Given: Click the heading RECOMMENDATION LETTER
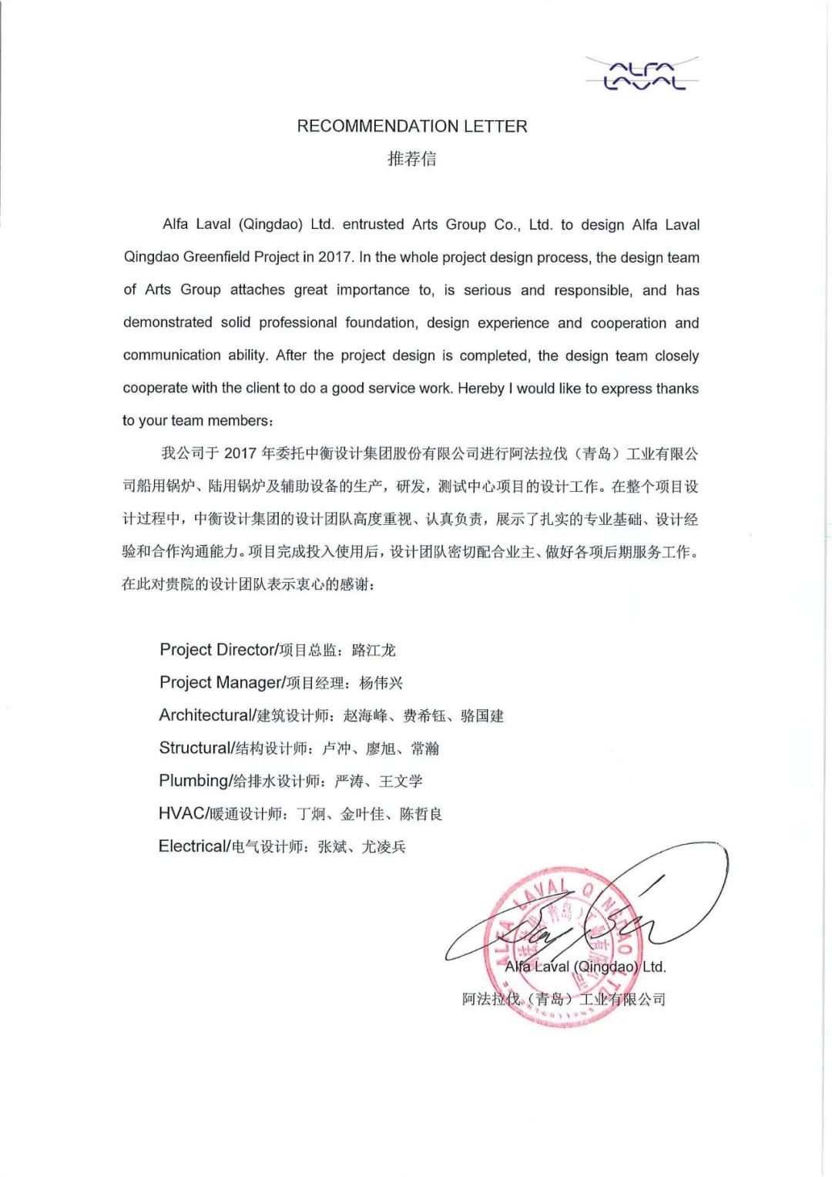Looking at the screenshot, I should [x=412, y=126].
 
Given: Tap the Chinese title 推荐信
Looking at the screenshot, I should [x=412, y=159].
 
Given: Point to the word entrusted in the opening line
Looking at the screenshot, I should [x=373, y=225].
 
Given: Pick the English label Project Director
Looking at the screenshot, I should [x=217, y=650].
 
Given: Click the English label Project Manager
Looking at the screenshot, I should [x=220, y=683].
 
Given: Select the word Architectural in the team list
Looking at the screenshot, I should [x=205, y=715].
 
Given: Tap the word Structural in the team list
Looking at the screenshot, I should [x=195, y=748].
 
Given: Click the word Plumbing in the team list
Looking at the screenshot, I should [x=193, y=781].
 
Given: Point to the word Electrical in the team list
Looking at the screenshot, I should [x=193, y=846].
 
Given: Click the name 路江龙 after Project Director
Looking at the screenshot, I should [x=374, y=651].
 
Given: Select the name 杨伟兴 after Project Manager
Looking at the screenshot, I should [x=381, y=684].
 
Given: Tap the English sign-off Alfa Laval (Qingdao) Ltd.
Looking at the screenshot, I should [x=585, y=967].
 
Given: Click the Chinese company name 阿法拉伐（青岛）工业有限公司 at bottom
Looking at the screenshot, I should [x=563, y=1000].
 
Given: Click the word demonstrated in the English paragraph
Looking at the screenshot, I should [x=167, y=323].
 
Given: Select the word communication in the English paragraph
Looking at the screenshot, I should [x=172, y=355].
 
